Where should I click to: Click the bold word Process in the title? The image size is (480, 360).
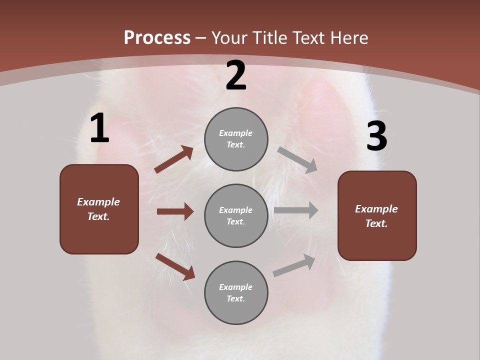157,38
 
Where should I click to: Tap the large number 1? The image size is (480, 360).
99,128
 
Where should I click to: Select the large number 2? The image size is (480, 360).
236,75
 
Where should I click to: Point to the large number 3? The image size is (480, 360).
376,136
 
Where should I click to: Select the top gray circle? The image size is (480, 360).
236,139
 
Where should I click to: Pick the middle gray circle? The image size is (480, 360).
236,215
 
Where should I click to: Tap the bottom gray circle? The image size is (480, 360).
236,292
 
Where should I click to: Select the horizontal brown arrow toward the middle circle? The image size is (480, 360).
175,211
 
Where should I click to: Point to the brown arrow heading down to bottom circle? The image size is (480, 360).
175,266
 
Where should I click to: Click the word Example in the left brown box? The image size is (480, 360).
98,202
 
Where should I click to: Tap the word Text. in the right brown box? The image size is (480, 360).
376,223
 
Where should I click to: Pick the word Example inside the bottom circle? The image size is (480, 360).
236,287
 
